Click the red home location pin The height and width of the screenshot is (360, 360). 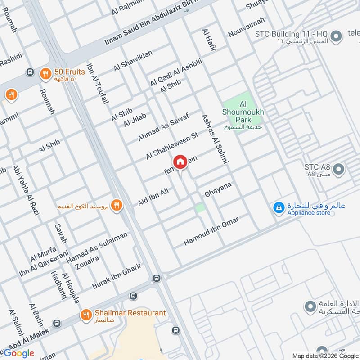pyautogui.click(x=180, y=162)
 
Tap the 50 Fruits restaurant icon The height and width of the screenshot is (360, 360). pyautogui.click(x=45, y=74)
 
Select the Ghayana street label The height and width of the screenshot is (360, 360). pyautogui.click(x=218, y=189)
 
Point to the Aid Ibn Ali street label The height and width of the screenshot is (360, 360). pyautogui.click(x=153, y=198)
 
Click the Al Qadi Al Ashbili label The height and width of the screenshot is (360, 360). pyautogui.click(x=176, y=72)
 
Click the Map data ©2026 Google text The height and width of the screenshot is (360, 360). pyautogui.click(x=325, y=355)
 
